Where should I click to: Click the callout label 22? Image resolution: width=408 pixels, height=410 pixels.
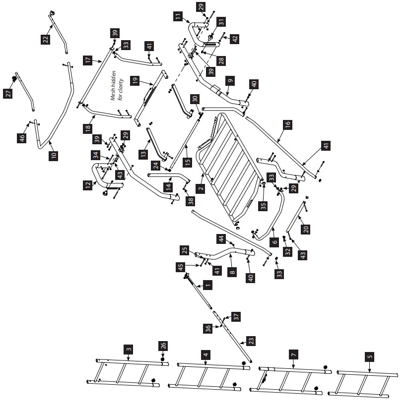coord(45,40)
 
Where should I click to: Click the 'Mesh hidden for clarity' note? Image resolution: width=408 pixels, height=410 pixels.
coord(117,86)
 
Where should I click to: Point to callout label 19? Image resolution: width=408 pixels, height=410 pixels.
coord(135,80)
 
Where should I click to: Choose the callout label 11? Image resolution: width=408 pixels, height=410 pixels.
coord(177,16)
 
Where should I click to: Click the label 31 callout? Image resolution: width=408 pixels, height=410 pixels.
coord(221,22)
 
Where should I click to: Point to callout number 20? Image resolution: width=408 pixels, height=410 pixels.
coord(306,229)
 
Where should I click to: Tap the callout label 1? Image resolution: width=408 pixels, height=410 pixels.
coord(208,285)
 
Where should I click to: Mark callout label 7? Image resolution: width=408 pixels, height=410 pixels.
coord(294,355)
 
